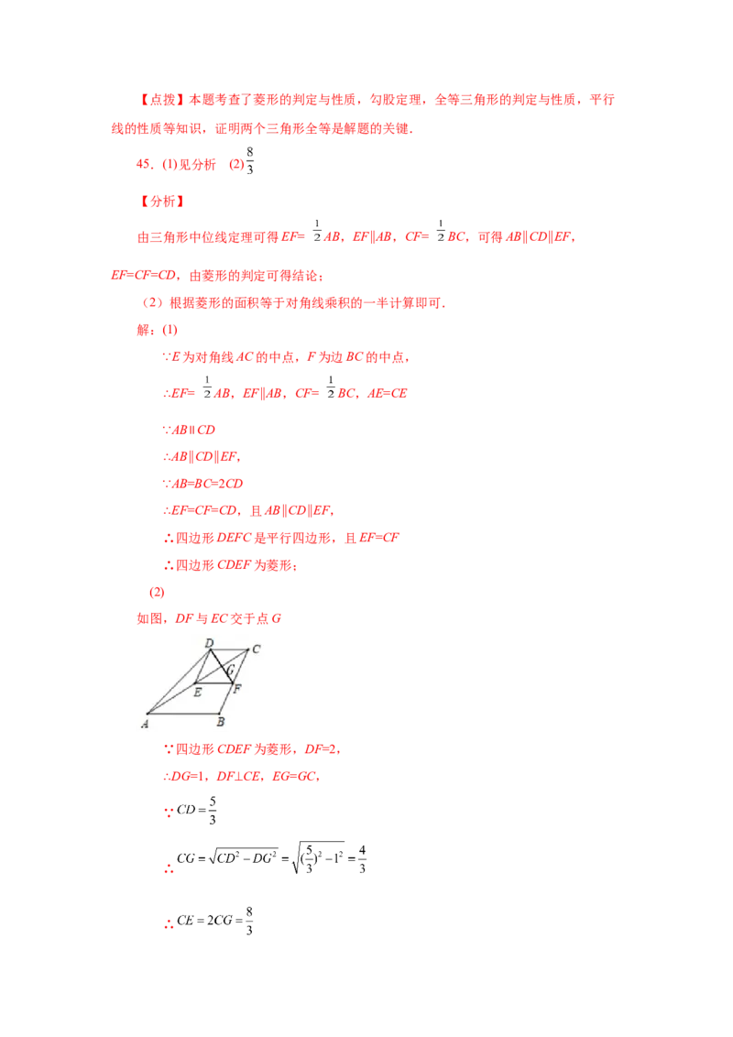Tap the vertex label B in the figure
220,722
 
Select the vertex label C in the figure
257,649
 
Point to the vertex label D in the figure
209,644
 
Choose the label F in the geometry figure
237,688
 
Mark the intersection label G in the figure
230,671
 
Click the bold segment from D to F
220,665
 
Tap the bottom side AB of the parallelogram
183,713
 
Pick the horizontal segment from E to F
213,682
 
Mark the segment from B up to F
225,698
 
